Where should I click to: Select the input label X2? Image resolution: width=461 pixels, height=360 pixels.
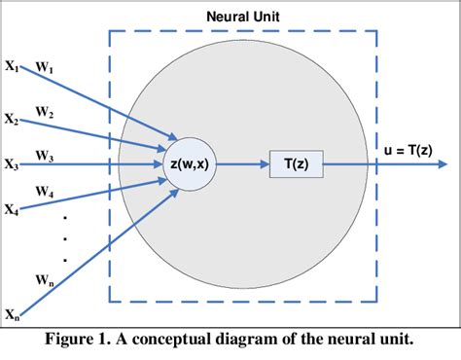(x=11, y=120)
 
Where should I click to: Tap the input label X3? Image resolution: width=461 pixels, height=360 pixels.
(x=11, y=165)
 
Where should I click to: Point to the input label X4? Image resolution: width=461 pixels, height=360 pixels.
(x=11, y=208)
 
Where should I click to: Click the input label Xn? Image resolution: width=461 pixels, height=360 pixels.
(x=11, y=314)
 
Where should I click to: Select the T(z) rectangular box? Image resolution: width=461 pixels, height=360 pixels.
(x=297, y=164)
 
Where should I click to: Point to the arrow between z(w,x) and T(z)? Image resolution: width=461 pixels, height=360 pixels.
(x=243, y=164)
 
